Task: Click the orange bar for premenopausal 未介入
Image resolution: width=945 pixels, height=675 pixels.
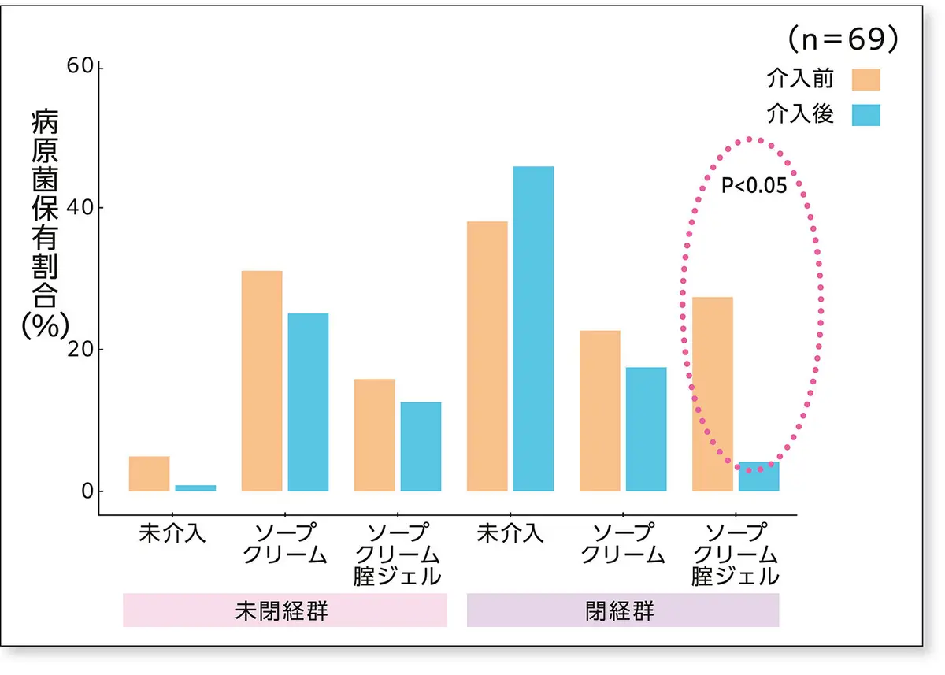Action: click(x=149, y=473)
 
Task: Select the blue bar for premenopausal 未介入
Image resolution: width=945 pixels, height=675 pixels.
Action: click(x=195, y=488)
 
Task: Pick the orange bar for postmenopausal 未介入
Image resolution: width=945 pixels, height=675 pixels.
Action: click(x=487, y=356)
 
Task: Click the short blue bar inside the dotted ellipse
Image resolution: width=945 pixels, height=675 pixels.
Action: click(x=758, y=477)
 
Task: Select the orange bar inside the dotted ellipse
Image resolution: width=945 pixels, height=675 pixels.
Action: click(x=712, y=394)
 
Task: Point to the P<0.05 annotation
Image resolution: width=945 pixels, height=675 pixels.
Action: click(x=754, y=187)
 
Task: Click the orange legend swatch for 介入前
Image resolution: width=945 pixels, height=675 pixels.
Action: click(x=865, y=79)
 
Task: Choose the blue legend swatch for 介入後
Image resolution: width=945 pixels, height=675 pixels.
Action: click(x=865, y=115)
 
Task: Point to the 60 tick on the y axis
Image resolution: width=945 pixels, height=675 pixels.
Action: click(x=83, y=66)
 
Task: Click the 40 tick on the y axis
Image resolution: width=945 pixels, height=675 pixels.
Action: click(x=83, y=208)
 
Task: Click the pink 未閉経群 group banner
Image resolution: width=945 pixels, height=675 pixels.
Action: click(x=284, y=611)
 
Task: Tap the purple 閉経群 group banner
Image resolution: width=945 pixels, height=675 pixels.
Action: click(x=622, y=611)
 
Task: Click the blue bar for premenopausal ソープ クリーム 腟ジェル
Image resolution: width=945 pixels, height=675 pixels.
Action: click(x=421, y=447)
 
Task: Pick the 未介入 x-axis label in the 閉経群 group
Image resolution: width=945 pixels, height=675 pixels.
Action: click(x=510, y=533)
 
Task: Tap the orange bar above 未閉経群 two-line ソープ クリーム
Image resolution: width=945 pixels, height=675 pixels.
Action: click(x=261, y=380)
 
